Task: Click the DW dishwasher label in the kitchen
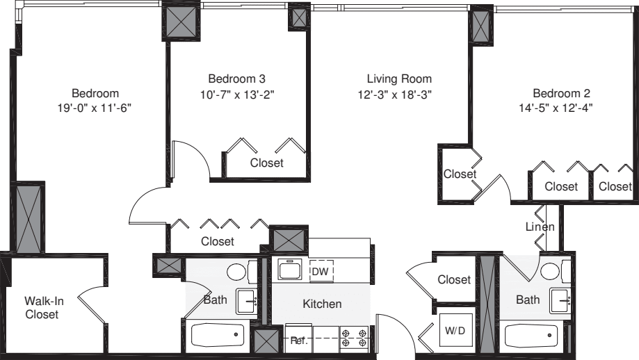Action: point(320,271)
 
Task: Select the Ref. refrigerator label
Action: point(299,341)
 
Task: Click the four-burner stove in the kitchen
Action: point(354,339)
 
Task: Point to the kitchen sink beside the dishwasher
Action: point(288,269)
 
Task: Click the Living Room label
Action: point(399,79)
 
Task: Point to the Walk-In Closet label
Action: point(42,307)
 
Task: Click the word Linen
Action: point(540,227)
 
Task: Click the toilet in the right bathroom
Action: point(553,271)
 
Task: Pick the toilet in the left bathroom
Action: point(238,271)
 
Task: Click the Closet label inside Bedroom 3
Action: point(266,163)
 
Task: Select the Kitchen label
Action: point(322,304)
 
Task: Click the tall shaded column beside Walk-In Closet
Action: point(29,218)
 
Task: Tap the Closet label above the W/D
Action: point(454,279)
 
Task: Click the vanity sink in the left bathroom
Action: point(248,302)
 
